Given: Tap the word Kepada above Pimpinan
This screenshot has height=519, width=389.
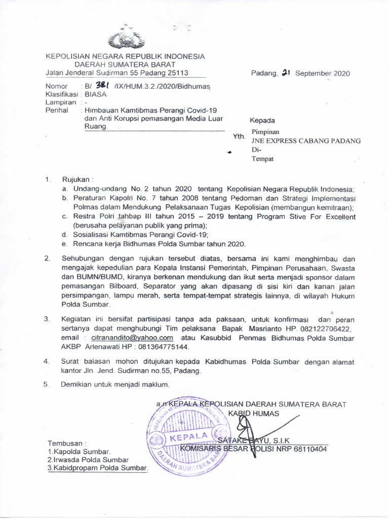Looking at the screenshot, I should (x=263, y=121).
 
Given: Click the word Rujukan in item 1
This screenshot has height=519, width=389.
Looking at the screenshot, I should (x=75, y=179).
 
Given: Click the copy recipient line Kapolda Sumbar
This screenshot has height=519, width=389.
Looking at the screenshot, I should (x=79, y=451).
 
